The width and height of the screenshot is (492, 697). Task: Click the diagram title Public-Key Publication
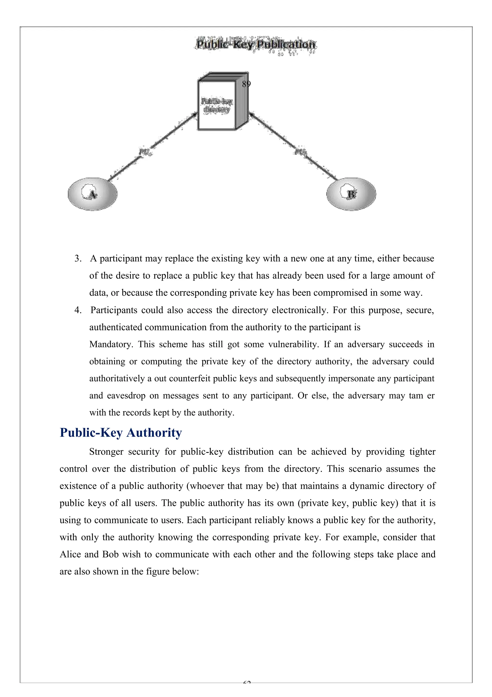(x=256, y=44)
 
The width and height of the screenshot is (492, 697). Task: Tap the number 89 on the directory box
(x=246, y=84)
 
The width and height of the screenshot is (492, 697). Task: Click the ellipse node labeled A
(x=92, y=194)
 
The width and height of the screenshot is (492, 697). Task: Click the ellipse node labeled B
(x=351, y=194)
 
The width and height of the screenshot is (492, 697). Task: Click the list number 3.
(x=78, y=259)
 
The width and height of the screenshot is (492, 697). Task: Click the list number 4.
(x=78, y=310)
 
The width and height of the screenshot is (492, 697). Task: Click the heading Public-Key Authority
(x=121, y=433)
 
